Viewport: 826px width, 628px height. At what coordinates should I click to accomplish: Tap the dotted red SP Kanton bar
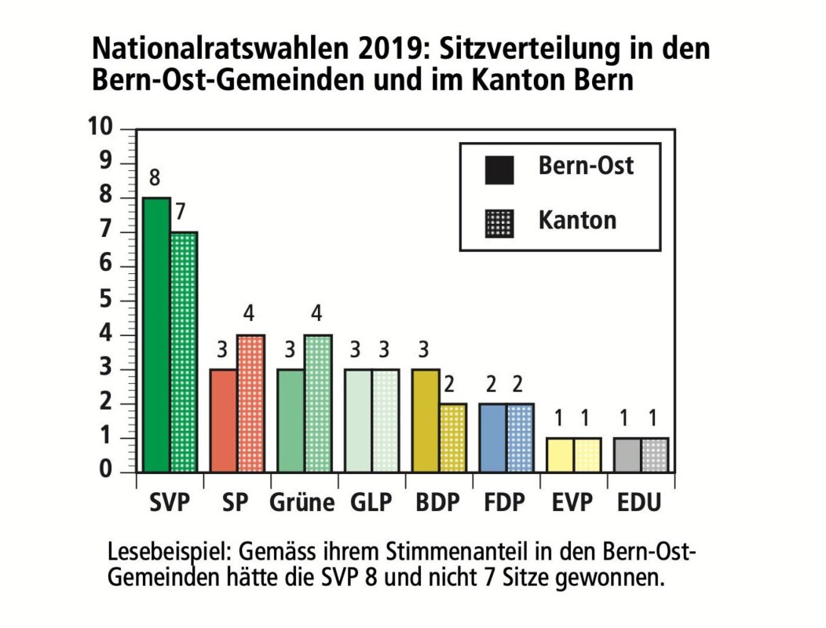coord(251,403)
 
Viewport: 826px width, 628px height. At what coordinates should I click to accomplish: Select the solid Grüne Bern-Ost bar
coord(291,421)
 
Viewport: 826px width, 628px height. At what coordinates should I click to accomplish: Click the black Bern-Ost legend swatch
coord(499,170)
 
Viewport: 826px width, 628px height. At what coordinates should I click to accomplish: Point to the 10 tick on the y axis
coord(102,129)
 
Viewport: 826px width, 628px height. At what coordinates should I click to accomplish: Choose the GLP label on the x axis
coord(371,502)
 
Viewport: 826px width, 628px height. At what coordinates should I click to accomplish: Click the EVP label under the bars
coord(572,502)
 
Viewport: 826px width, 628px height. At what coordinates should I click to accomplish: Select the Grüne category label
coord(302,502)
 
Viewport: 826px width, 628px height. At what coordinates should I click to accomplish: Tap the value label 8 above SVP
coord(155,181)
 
